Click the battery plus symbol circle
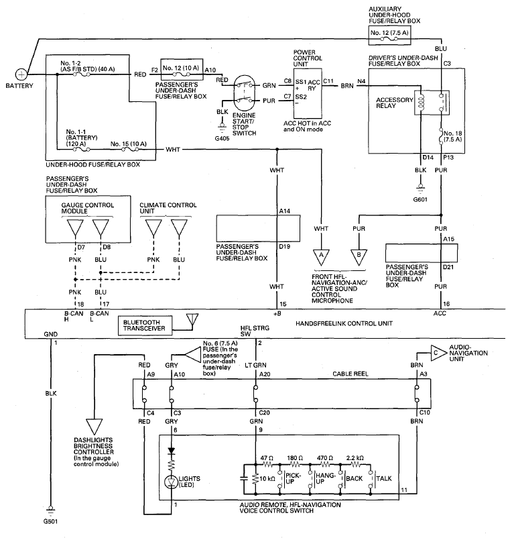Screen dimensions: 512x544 (x=21, y=74)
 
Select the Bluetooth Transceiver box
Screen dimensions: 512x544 (x=144, y=325)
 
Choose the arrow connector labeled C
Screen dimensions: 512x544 (x=438, y=353)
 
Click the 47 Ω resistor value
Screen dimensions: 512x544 (x=267, y=458)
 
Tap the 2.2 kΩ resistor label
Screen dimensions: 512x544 (x=355, y=458)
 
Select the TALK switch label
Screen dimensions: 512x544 (x=384, y=478)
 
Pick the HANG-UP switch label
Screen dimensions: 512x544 (x=326, y=478)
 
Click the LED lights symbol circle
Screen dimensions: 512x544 (x=172, y=482)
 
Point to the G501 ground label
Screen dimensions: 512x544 (x=51, y=521)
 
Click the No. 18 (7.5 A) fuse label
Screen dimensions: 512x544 (x=453, y=136)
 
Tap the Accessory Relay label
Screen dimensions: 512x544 (x=395, y=103)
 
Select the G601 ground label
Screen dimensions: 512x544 (x=420, y=199)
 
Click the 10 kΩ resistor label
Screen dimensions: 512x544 (x=267, y=479)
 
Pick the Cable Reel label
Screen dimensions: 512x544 (x=350, y=374)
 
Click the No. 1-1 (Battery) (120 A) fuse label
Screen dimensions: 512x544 (x=82, y=138)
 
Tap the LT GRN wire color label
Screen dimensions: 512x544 (x=255, y=365)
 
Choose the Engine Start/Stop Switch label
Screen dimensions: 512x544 (x=245, y=124)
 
